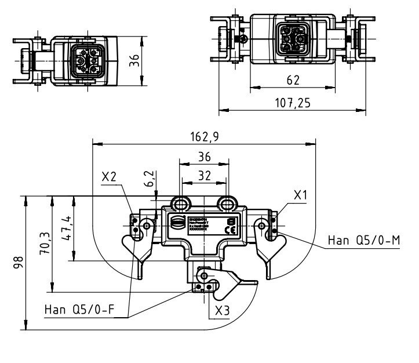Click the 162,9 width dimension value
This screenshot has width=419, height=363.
(203, 136)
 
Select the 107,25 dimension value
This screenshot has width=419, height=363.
(293, 102)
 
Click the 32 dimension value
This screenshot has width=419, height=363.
(204, 175)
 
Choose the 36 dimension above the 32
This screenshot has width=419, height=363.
(203, 157)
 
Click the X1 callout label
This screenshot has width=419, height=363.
(300, 195)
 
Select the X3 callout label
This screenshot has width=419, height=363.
(222, 310)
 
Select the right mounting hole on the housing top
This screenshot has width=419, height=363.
(226, 203)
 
